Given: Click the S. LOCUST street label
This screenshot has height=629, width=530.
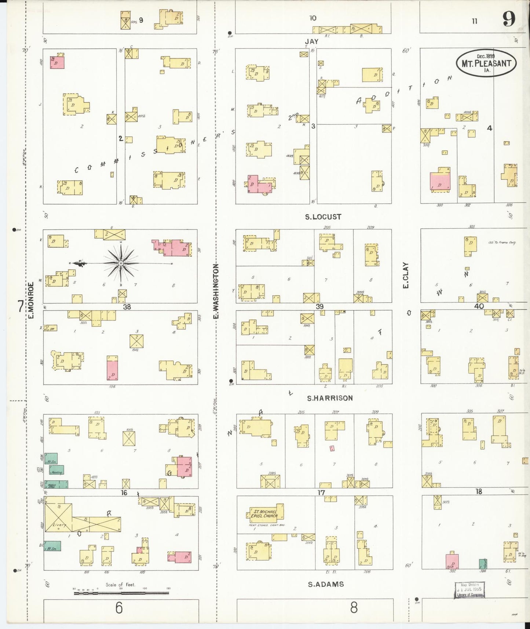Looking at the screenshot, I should click(x=323, y=217).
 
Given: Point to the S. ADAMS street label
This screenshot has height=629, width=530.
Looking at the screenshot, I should click(x=326, y=584).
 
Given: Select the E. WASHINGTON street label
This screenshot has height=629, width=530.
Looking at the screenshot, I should click(x=216, y=291).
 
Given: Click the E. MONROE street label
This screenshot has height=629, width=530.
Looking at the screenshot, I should click(x=31, y=299).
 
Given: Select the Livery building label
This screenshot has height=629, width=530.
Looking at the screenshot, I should click(x=59, y=525).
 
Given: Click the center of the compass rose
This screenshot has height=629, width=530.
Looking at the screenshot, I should click(x=121, y=263).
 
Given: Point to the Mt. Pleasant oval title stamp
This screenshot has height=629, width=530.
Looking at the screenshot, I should click(x=486, y=63).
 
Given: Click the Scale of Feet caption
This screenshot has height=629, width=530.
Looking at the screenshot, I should click(x=120, y=585).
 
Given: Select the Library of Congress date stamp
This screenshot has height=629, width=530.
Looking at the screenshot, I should click(x=470, y=590).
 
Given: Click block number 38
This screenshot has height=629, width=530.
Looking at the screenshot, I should click(x=127, y=307).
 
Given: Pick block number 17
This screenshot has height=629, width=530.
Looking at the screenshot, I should click(x=321, y=492).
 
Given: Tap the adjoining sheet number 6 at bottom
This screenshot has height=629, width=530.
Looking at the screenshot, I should click(x=118, y=608).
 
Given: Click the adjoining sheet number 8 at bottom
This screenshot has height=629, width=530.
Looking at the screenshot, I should click(x=353, y=608).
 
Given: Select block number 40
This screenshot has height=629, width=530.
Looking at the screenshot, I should click(x=479, y=306).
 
